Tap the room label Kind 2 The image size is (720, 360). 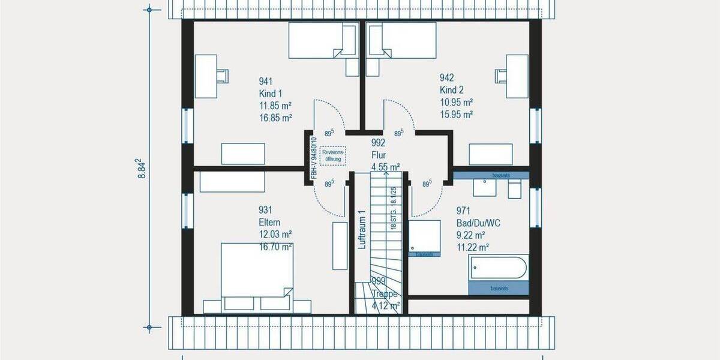pyautogui.click(x=451, y=90)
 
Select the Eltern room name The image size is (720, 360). pyautogui.click(x=269, y=221)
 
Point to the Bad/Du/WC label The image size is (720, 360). pyautogui.click(x=478, y=223)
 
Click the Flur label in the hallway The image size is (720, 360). pyautogui.click(x=378, y=155)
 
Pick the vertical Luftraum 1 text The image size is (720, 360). pyautogui.click(x=361, y=230)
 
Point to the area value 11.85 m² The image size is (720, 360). pyautogui.click(x=275, y=106)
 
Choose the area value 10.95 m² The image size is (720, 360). pyautogui.click(x=456, y=102)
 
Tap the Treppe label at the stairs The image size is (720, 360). pyautogui.click(x=385, y=294)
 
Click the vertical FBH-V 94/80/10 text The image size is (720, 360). pyautogui.click(x=313, y=158)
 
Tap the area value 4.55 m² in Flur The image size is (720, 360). pyautogui.click(x=386, y=167)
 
